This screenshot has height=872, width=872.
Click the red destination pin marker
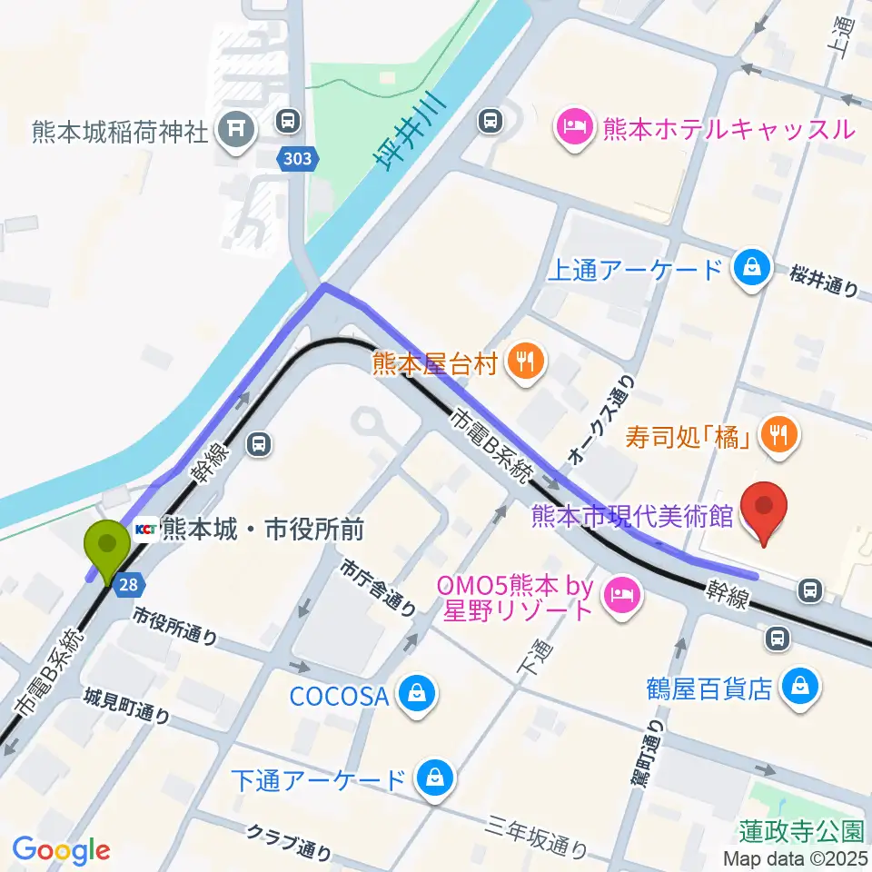[x=764, y=509]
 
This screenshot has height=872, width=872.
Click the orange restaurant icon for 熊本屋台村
[x=524, y=362]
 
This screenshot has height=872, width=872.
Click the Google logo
[x=61, y=849]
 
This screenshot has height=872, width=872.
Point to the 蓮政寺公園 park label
[x=800, y=830]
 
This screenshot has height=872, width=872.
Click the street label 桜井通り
[x=824, y=280]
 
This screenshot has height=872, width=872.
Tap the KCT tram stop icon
[x=145, y=528]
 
